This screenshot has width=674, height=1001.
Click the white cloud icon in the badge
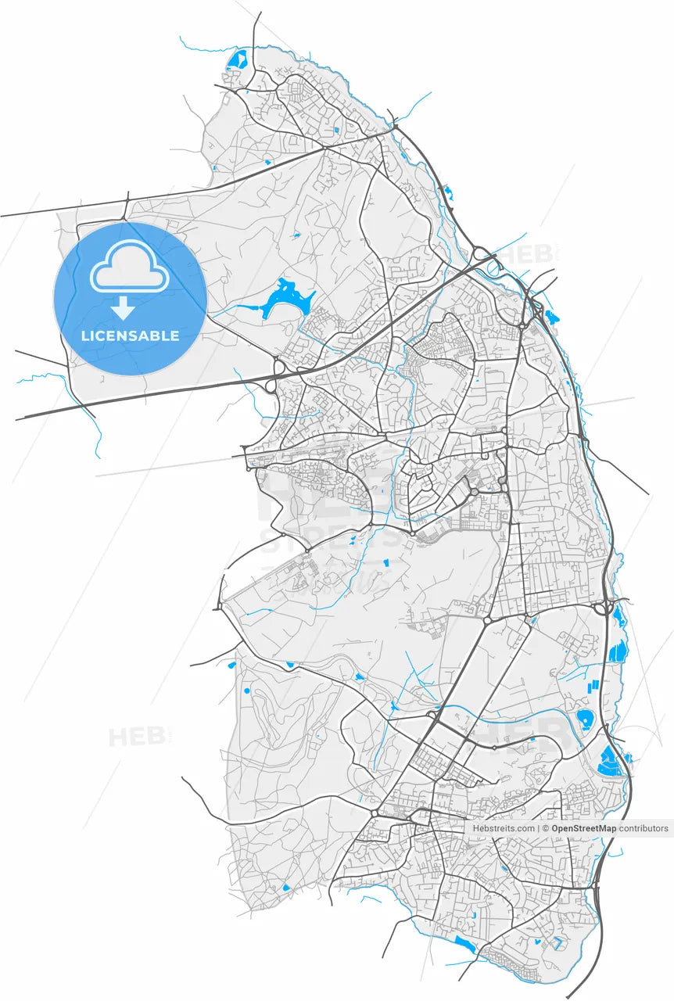[130, 267]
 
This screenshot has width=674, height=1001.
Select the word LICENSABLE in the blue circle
[130, 336]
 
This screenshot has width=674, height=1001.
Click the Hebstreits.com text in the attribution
[504, 828]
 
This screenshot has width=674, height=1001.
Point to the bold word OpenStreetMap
[583, 828]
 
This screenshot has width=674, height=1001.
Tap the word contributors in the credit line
[644, 828]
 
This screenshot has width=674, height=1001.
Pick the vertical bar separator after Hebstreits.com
[538, 828]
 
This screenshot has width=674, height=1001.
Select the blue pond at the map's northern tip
[236, 59]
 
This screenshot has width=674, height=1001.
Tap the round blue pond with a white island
[584, 720]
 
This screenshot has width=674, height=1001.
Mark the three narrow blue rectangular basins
[593, 686]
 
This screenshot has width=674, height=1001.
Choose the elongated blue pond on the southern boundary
[464, 945]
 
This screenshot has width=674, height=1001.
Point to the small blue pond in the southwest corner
[285, 888]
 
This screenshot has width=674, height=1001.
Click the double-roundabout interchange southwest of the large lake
[275, 375]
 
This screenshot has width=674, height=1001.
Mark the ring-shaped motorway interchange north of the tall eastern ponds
[604, 608]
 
